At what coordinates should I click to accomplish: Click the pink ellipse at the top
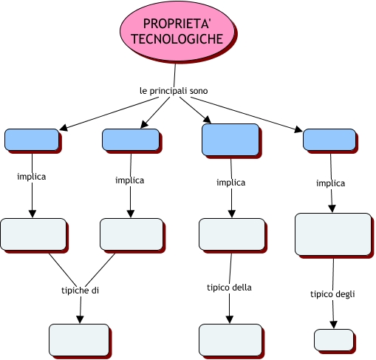pyautogui.click(x=177, y=31)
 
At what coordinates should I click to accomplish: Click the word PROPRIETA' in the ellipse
pyautogui.click(x=177, y=24)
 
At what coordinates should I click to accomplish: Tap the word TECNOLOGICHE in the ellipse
pyautogui.click(x=177, y=38)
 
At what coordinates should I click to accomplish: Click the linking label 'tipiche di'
pyautogui.click(x=80, y=291)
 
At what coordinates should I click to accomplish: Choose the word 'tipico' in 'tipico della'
pyautogui.click(x=219, y=288)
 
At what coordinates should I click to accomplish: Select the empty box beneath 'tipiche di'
pyautogui.click(x=79, y=340)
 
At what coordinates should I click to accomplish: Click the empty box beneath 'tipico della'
pyautogui.click(x=230, y=340)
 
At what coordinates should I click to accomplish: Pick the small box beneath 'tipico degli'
pyautogui.click(x=334, y=339)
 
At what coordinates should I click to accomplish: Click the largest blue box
pyautogui.click(x=230, y=140)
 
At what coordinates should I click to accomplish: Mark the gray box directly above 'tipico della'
pyautogui.click(x=232, y=234)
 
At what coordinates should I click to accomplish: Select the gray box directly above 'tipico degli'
pyautogui.click(x=333, y=234)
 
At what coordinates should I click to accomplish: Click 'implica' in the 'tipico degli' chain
pyautogui.click(x=330, y=183)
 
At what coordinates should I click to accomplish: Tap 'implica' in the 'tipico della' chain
pyautogui.click(x=230, y=183)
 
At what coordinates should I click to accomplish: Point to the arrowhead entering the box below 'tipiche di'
pyautogui.click(x=80, y=319)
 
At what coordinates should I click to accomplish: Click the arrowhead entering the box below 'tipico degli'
pyautogui.click(x=333, y=325)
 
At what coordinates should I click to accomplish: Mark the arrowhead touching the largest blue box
pyautogui.click(x=207, y=120)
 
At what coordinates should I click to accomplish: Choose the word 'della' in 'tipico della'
pyautogui.click(x=242, y=288)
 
